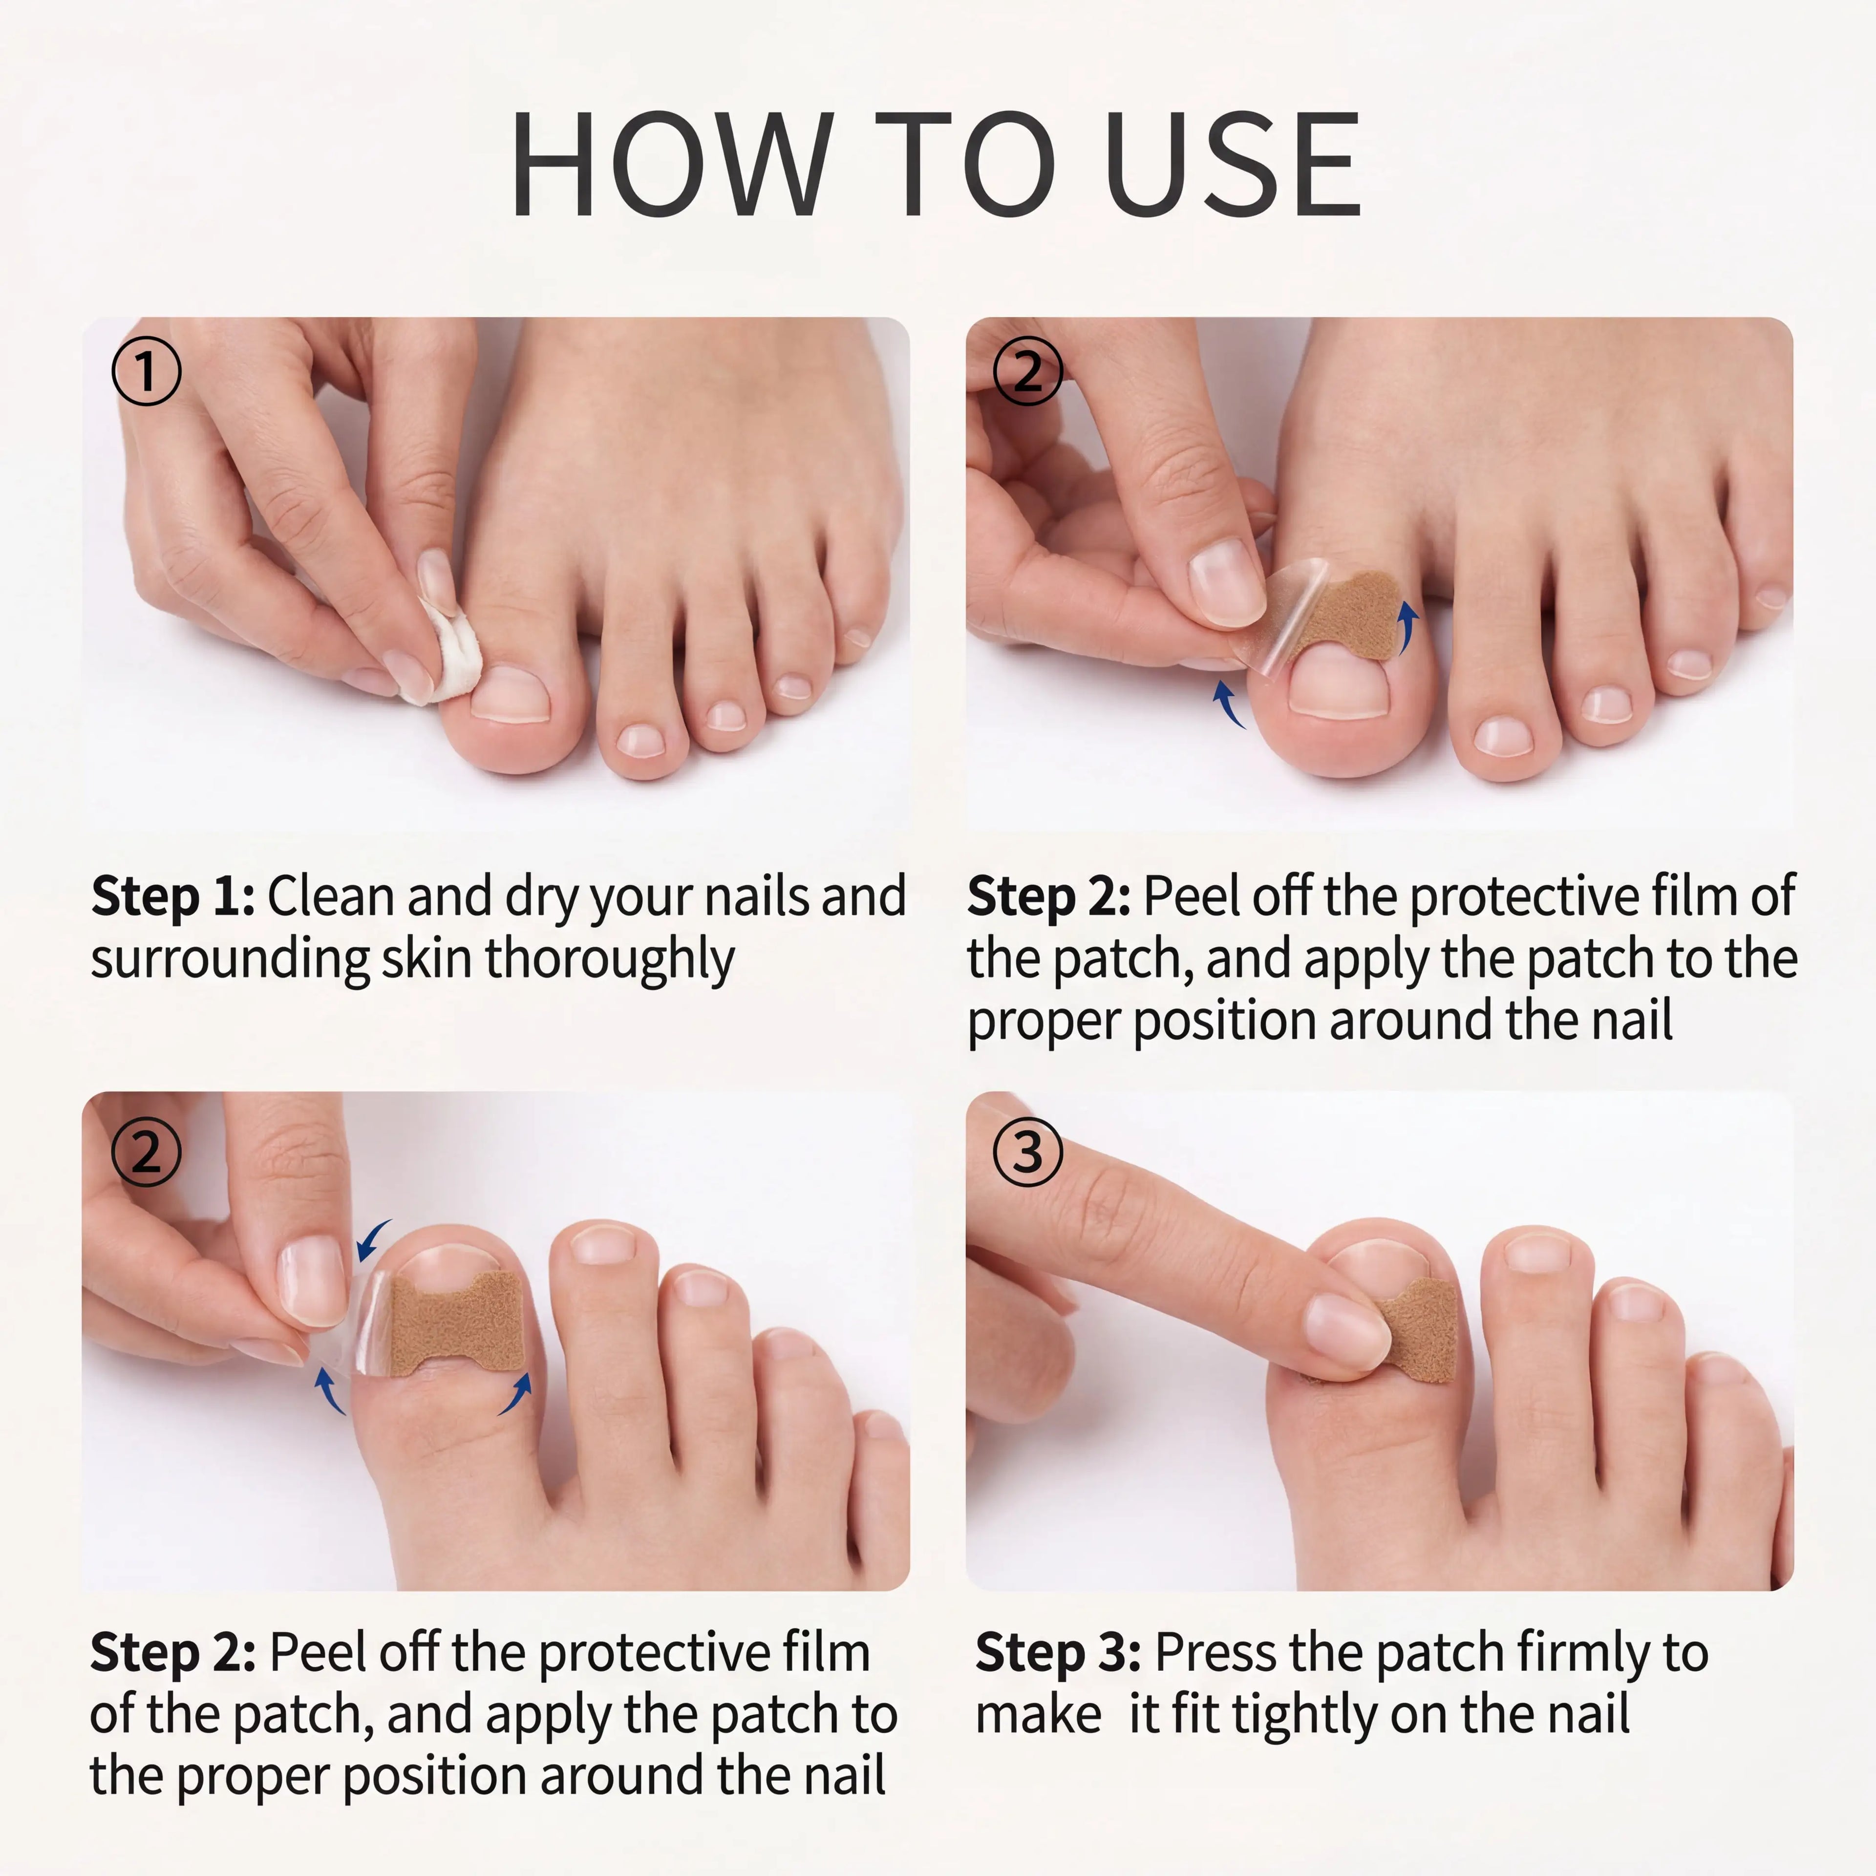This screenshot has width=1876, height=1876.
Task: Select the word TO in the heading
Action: click(964, 163)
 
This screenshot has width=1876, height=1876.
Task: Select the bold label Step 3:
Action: click(1058, 1653)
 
